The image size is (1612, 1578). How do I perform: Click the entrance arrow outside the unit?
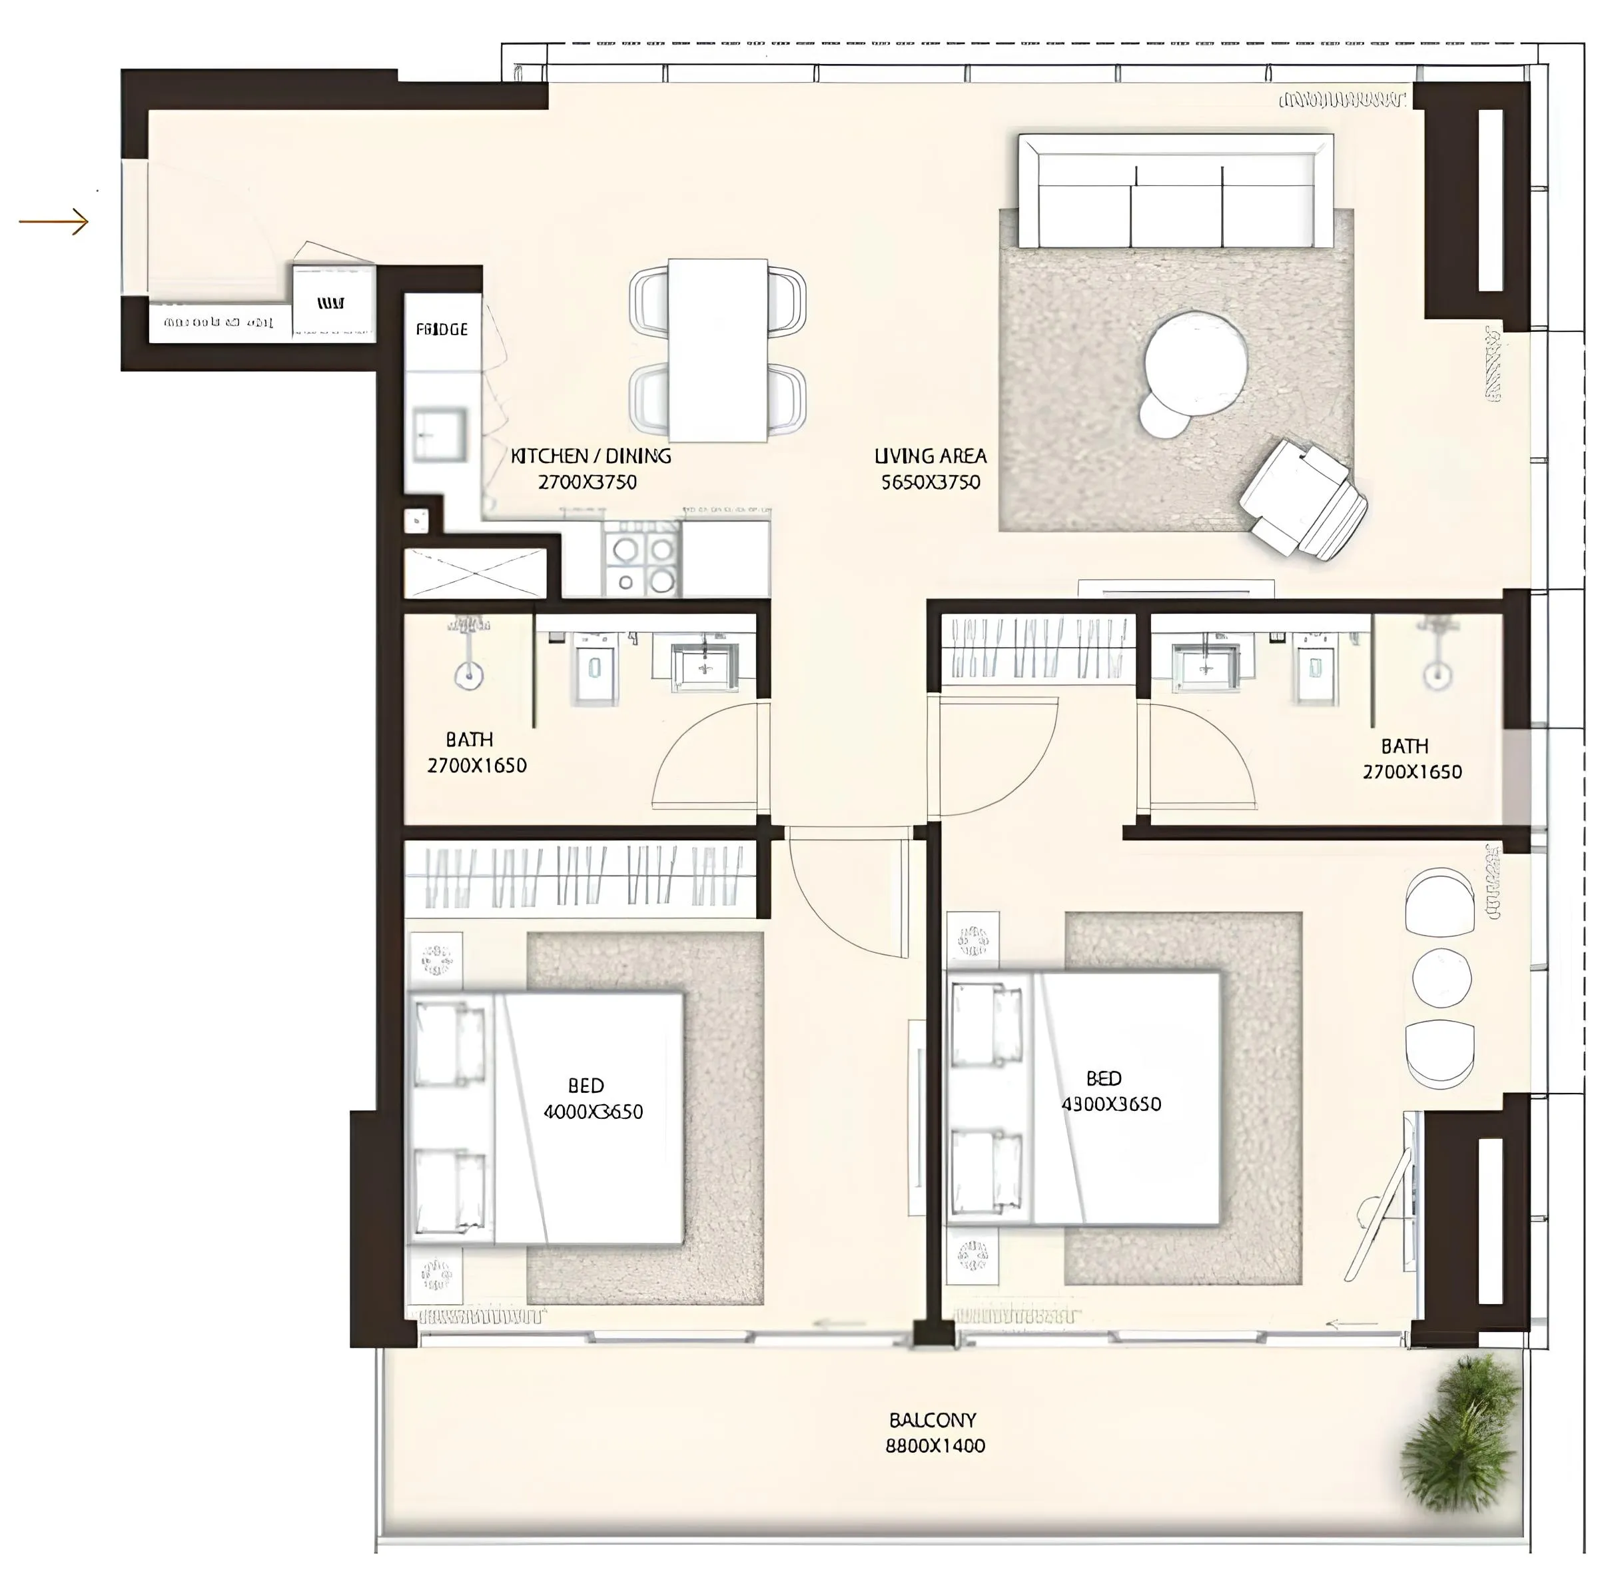click(x=54, y=222)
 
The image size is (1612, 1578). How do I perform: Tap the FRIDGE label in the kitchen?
click(x=442, y=330)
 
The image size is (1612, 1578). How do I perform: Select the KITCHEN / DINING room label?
click(x=591, y=456)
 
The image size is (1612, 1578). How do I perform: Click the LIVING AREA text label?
click(x=931, y=456)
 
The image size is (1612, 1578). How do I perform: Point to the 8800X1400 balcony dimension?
click(x=935, y=1445)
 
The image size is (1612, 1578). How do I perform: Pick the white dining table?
click(x=717, y=350)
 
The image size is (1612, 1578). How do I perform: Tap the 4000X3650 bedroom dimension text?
click(x=593, y=1112)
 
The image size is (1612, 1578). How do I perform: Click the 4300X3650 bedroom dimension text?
click(x=1111, y=1104)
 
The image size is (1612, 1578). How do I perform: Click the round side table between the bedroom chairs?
click(x=1441, y=978)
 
